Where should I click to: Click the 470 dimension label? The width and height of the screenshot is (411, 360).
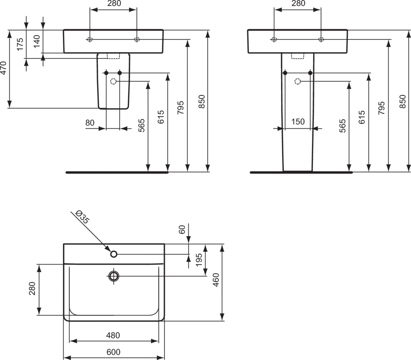point(3,68)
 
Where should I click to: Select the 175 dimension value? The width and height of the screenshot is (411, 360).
point(20,44)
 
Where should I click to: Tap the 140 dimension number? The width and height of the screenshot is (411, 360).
point(37,41)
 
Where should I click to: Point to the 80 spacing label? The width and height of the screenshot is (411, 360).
point(90,123)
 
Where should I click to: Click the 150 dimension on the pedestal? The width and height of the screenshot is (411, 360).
point(298,121)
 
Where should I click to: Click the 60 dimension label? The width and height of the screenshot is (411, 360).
point(182,229)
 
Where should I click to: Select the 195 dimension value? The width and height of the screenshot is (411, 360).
point(199,259)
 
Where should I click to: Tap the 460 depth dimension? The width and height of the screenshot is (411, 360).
point(216,280)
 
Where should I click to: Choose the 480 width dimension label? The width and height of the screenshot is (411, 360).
point(113,335)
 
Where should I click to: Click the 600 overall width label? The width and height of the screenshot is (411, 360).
point(114,352)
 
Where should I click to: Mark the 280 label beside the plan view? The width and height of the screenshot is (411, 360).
point(32,288)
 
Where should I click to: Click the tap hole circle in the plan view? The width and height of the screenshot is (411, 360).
point(114,254)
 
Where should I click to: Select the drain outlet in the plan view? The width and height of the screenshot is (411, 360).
point(114,276)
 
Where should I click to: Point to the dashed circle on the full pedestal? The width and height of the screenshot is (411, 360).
point(297,81)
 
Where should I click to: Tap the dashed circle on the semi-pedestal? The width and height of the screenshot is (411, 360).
point(113,81)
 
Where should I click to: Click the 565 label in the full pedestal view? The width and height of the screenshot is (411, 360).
point(342,125)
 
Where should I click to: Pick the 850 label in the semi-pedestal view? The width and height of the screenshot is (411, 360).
point(201,101)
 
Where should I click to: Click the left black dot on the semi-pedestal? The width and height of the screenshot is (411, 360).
point(106,73)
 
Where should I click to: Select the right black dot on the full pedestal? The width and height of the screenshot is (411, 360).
point(310,73)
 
